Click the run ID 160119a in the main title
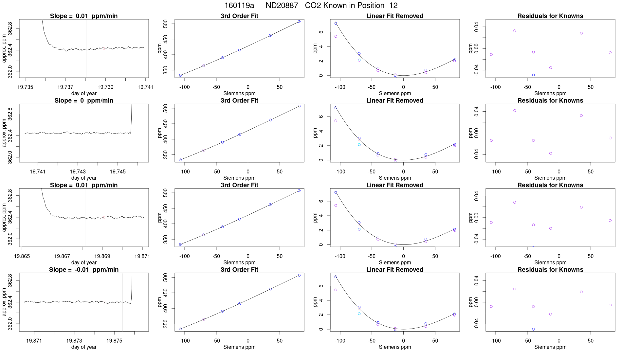pos(239,6)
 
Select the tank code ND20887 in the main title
pos(282,6)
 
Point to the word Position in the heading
pos(369,6)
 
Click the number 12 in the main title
pos(393,6)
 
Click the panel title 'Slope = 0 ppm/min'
pos(84,100)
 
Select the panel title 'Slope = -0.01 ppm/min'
pos(84,270)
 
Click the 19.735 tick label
pos(25,87)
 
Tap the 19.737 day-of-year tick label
pos(65,87)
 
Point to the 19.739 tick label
pos(105,87)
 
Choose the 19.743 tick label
pos(78,171)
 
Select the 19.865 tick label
pos(22,256)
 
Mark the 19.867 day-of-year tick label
pos(62,256)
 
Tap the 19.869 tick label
pos(102,256)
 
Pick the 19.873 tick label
pos(74,341)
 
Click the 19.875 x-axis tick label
pos(114,341)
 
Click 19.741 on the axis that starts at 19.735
pos(145,87)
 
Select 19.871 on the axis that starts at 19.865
pos(142,256)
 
